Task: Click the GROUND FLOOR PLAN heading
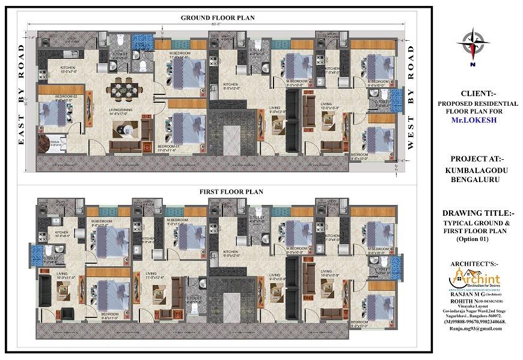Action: (x=218, y=18)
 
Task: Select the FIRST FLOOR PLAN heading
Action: (x=231, y=191)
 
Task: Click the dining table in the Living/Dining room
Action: (x=126, y=90)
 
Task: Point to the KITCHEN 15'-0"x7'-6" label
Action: (x=67, y=70)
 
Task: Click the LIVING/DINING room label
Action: (x=121, y=109)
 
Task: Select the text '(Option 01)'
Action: (x=473, y=239)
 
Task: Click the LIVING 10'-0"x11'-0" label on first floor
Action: (x=50, y=276)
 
